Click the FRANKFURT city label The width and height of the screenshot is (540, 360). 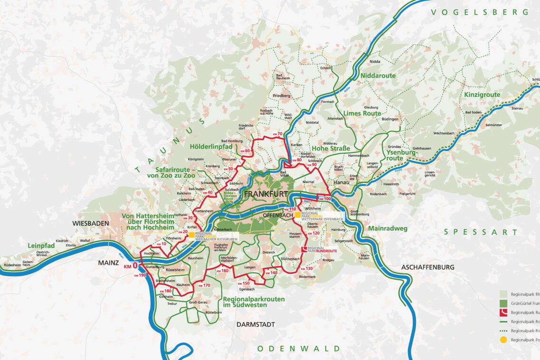coord(265,194)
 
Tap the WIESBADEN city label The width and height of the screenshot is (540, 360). coord(90,223)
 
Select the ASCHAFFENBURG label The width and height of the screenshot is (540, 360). coord(427,267)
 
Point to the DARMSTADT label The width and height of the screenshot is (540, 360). coord(256,324)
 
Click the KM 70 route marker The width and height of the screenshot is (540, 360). coord(277,134)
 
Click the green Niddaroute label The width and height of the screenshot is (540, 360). coord(378,76)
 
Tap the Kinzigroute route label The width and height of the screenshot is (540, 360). coord(482,95)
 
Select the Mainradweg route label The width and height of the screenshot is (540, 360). coord(388,228)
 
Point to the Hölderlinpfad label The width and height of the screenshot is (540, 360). coord(210,146)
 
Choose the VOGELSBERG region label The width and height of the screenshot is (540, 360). coord(479,12)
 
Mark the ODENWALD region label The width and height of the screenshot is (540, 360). coord(299,349)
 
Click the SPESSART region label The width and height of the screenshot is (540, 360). coord(481,232)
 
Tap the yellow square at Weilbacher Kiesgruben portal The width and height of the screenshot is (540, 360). coord(191,235)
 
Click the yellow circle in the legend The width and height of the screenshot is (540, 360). coord(503,340)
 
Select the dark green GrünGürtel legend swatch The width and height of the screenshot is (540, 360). coord(503,303)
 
